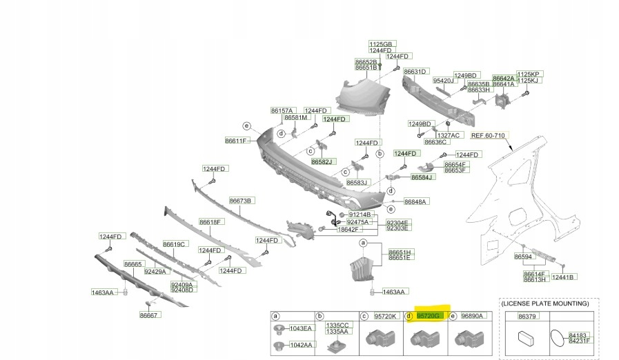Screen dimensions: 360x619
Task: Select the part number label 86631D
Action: coord(416,72)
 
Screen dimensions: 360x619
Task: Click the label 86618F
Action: coord(210,222)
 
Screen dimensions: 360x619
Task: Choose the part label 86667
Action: coord(149,315)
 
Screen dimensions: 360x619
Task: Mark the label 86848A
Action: coord(416,201)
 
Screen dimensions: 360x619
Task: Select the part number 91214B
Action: coord(359,215)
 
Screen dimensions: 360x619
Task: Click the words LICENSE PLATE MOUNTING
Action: coord(545,303)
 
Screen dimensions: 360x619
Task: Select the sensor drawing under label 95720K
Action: coord(381,338)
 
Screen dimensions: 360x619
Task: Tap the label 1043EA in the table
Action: coord(300,328)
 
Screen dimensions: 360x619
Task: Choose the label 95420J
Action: coord(445,81)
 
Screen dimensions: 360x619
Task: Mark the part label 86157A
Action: coord(282,110)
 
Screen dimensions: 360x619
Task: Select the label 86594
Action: coord(524,257)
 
